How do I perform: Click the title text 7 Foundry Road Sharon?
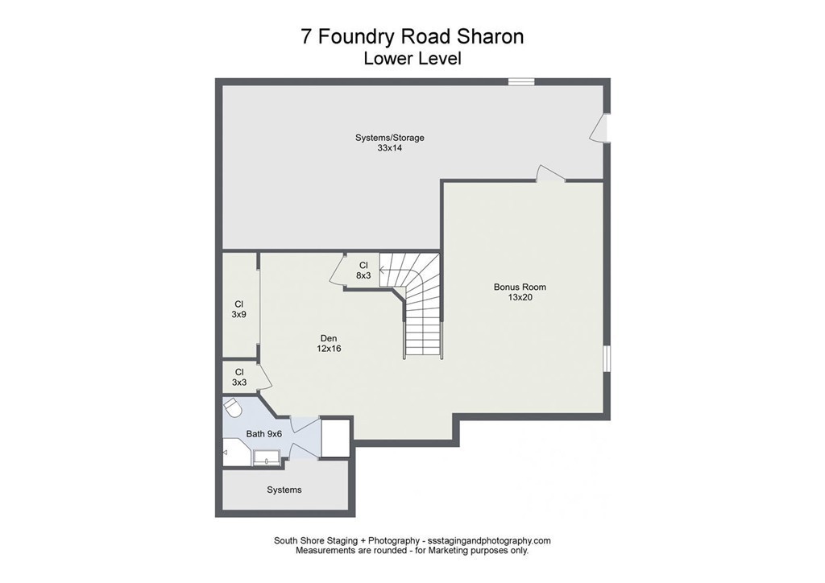pyautogui.click(x=412, y=37)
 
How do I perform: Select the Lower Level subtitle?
pyautogui.click(x=412, y=58)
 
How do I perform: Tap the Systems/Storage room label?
pyautogui.click(x=389, y=138)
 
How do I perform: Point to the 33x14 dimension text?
pyautogui.click(x=389, y=148)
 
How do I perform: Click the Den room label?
pyautogui.click(x=328, y=338)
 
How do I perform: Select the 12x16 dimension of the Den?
pyautogui.click(x=328, y=349)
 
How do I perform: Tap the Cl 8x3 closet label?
pyautogui.click(x=363, y=270)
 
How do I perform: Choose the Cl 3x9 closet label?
pyautogui.click(x=238, y=309)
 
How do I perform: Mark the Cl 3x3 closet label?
pyautogui.click(x=238, y=377)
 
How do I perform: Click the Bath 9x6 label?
pyautogui.click(x=263, y=434)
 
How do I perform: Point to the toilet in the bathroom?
pyautogui.click(x=233, y=411)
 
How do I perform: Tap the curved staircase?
pyautogui.click(x=419, y=298)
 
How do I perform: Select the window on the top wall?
pyautogui.click(x=520, y=81)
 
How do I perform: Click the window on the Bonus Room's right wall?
pyautogui.click(x=607, y=358)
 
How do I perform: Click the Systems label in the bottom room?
pyautogui.click(x=284, y=490)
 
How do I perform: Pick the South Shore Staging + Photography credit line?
pyautogui.click(x=412, y=540)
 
